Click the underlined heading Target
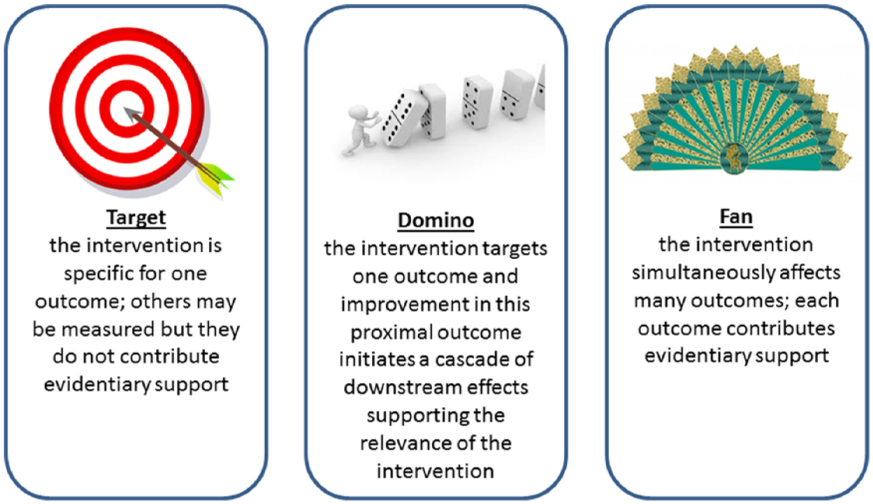[x=136, y=218]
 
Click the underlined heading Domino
[x=436, y=221]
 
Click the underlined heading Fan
[x=736, y=217]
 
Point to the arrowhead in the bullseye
[x=132, y=115]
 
